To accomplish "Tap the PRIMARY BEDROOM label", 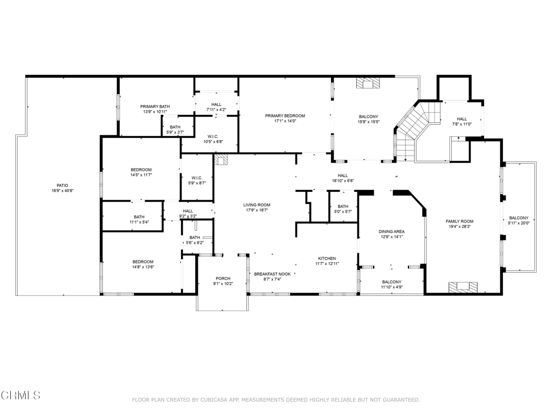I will click(285, 116).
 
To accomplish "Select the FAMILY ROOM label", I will click(459, 222).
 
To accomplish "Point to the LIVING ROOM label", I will click(257, 205).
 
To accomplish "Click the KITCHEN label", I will click(327, 259).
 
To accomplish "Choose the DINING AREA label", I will click(392, 232).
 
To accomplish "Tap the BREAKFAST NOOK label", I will click(272, 274).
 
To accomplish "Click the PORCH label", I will click(223, 279).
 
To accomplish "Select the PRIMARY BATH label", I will click(155, 107).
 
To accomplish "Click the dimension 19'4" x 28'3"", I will click(459, 227).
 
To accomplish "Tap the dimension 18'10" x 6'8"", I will click(343, 181).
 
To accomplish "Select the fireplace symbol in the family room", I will click(464, 287).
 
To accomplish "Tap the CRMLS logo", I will click(20, 396).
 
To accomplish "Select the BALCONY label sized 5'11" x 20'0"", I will click(519, 218).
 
